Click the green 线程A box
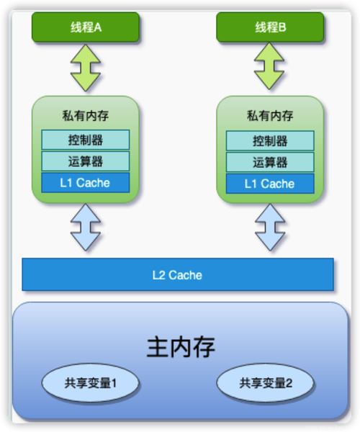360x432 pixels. coord(86,27)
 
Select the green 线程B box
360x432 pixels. coord(270,27)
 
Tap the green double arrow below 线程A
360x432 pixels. coord(86,68)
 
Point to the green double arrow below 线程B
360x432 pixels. coord(269,66)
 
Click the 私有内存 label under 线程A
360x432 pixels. coord(86,116)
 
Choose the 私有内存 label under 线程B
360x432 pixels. coord(270,116)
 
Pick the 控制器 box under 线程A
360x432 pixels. coord(86,140)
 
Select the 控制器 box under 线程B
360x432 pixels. coord(270,141)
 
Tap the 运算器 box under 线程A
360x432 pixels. coord(86,161)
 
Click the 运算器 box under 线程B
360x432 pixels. coord(270,162)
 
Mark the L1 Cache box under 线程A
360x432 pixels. coord(86,183)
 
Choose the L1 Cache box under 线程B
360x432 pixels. coord(270,184)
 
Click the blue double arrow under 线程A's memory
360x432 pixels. coord(86,228)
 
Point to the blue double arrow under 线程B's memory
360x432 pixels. coord(270,228)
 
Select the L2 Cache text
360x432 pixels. coord(177,275)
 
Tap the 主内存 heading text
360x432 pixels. coord(181,347)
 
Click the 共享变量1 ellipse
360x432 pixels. coord(90,383)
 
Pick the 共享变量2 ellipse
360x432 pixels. coord(265,383)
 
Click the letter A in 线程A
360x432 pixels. coord(98,27)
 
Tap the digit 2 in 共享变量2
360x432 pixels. coord(289,383)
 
